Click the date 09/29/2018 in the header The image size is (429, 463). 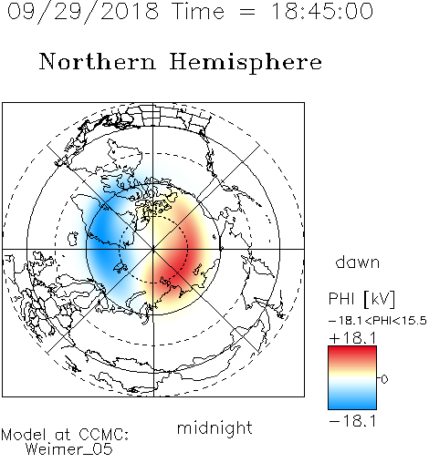83,12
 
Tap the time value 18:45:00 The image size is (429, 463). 322,11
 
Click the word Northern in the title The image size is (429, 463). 98,61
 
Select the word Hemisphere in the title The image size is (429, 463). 246,63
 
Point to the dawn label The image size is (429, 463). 358,262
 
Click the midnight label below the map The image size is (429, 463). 214,428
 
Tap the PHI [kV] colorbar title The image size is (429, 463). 362,299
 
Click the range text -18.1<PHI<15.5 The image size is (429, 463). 378,321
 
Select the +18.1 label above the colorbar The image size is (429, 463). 352,338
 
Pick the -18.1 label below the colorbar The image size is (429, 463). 352,421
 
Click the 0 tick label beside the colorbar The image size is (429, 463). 384,379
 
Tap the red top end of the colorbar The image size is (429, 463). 352,349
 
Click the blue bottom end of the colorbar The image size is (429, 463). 352,406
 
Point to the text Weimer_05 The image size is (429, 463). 69,449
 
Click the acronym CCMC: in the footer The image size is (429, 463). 103,435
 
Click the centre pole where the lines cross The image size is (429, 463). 153,250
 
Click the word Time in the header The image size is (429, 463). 198,11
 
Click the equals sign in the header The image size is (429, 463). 247,12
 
